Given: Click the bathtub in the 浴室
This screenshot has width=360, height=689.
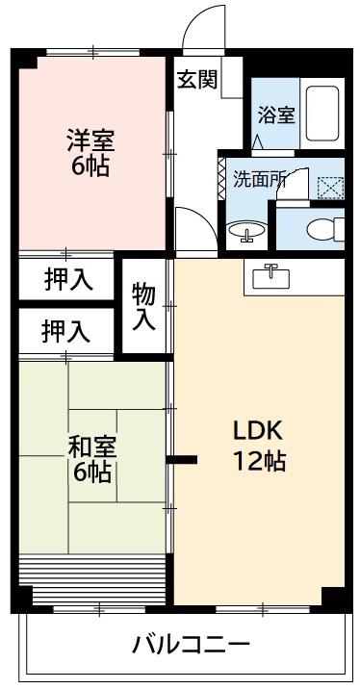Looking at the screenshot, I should point(321,116).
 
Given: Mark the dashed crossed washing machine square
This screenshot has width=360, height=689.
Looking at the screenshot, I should point(329,186).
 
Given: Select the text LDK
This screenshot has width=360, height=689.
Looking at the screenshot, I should point(257,429).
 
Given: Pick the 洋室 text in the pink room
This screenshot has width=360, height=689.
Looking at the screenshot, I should point(90,140).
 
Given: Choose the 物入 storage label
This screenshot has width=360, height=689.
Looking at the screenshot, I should point(144,305).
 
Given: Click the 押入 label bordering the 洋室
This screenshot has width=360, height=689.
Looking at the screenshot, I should point(67,280).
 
